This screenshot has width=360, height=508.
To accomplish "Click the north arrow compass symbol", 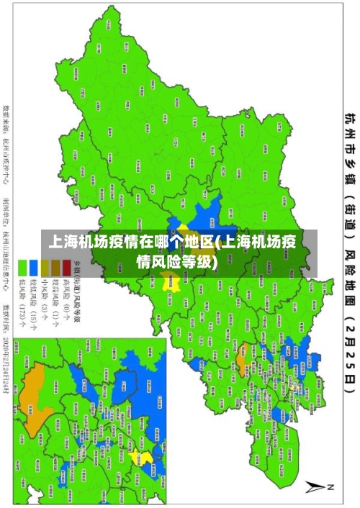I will (317, 486).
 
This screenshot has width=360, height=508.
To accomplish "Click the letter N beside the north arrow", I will (331, 487).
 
